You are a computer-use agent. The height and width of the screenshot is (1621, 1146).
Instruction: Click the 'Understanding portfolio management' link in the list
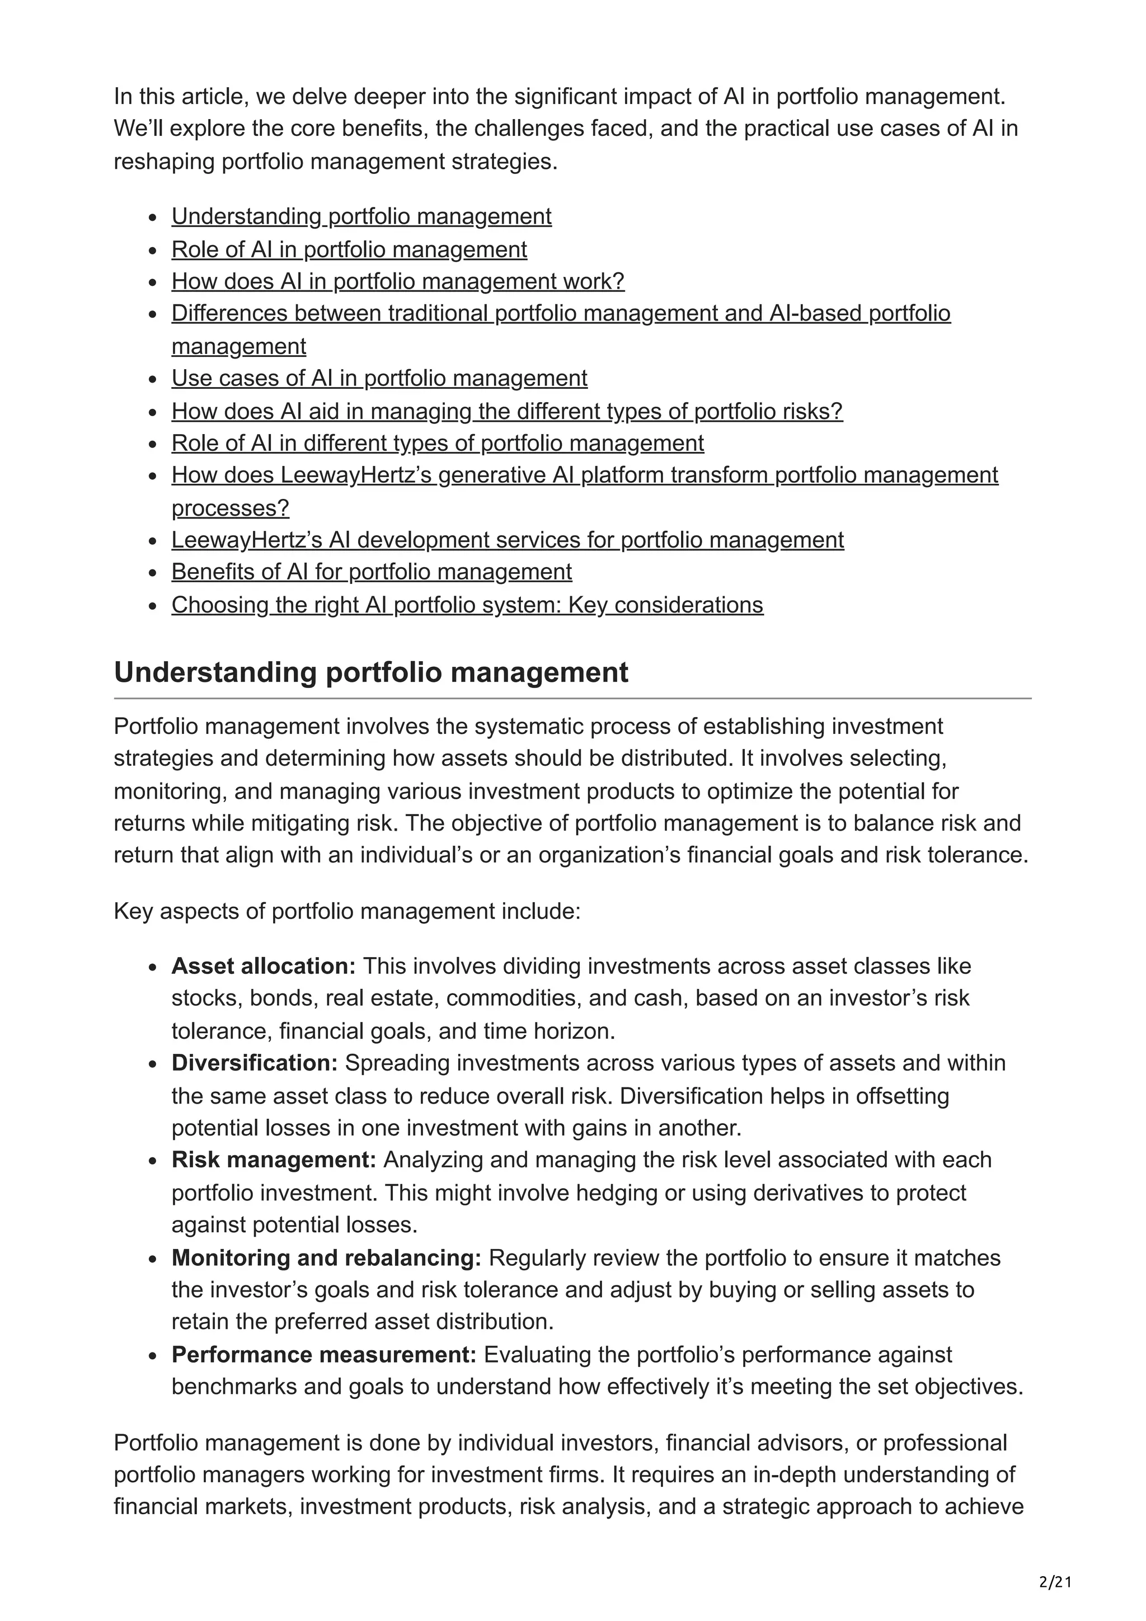click(361, 216)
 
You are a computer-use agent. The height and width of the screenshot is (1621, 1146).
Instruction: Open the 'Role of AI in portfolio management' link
click(349, 249)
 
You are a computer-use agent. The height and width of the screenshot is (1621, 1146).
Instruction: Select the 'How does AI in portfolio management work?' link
click(397, 281)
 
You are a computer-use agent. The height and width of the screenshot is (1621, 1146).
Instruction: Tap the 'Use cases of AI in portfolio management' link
click(379, 379)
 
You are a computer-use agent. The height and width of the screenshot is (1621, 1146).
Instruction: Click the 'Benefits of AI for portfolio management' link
click(372, 571)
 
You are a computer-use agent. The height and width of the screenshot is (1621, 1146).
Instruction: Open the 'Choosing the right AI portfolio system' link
click(467, 605)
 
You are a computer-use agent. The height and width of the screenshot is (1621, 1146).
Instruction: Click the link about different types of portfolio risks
click(506, 411)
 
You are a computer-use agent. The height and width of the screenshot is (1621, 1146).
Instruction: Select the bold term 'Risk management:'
click(274, 1160)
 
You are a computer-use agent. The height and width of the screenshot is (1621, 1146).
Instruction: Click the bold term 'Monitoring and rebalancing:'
click(326, 1257)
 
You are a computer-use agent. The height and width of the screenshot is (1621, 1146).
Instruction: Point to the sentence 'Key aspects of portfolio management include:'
click(347, 911)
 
